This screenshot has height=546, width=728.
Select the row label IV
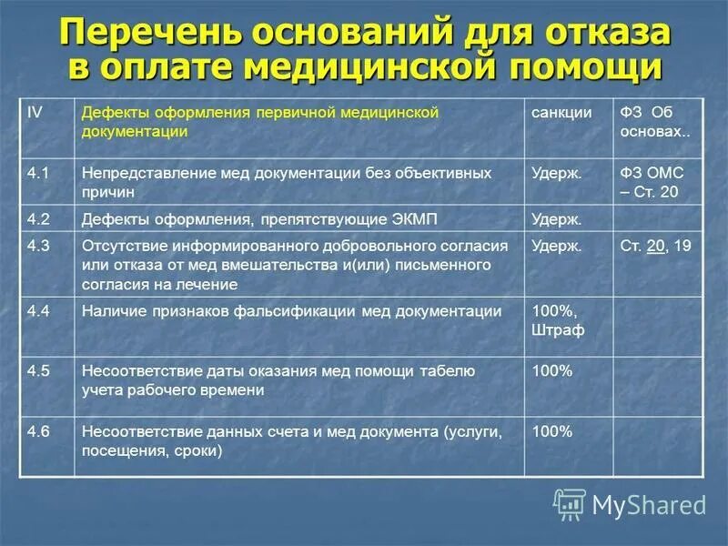[35, 112]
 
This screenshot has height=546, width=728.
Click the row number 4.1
[37, 172]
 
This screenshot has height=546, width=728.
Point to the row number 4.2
[37, 219]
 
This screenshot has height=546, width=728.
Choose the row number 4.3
[37, 246]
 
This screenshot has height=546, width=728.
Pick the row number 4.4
[37, 311]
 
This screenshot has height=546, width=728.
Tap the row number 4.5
[37, 370]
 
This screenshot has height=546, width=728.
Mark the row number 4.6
[37, 431]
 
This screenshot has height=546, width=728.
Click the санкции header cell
[561, 112]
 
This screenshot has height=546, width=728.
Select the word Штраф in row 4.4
[558, 331]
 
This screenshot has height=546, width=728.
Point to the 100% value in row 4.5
[551, 370]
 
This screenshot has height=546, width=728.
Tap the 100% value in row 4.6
[551, 431]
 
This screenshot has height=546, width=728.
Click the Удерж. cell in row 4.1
[557, 172]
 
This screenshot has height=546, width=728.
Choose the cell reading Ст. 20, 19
[655, 246]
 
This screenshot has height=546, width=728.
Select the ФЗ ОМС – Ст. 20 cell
[652, 182]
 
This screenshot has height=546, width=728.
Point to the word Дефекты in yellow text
[112, 112]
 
